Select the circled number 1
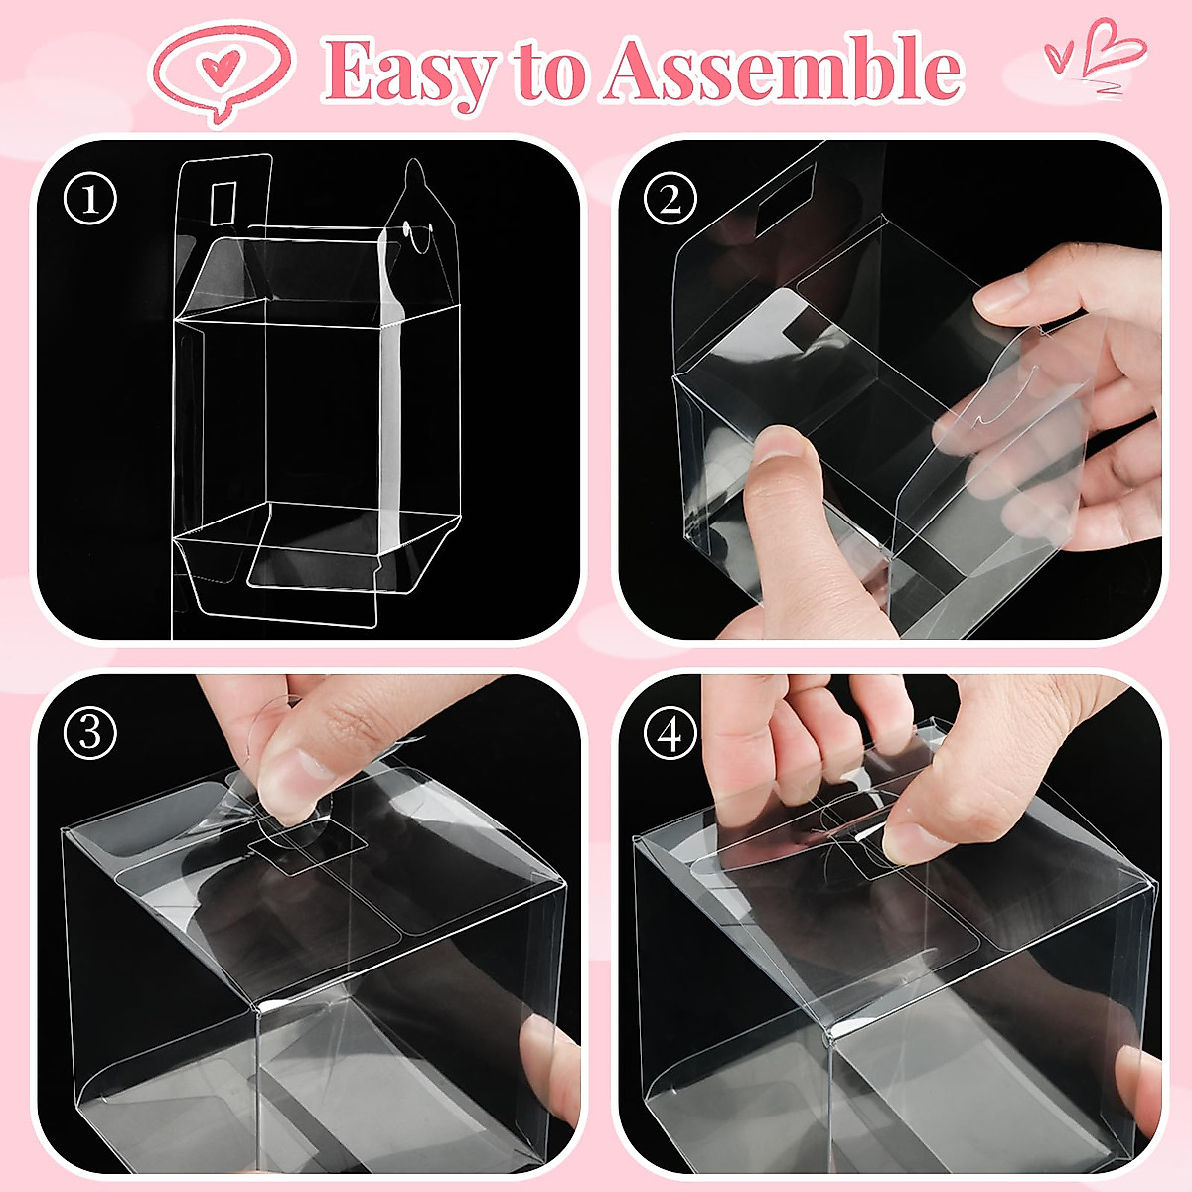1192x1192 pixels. pyautogui.click(x=90, y=200)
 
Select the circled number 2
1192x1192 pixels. pyautogui.click(x=670, y=200)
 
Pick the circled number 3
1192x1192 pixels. pyautogui.click(x=90, y=734)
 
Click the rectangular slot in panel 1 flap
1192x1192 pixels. pyautogui.click(x=224, y=203)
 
